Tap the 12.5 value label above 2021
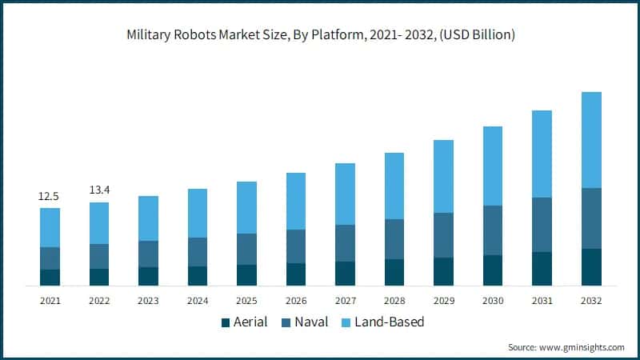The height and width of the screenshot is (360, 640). click(x=50, y=196)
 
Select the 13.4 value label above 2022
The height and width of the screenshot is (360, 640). click(x=99, y=190)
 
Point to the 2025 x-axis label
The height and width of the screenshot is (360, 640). click(x=246, y=301)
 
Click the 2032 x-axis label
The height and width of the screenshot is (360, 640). click(x=591, y=301)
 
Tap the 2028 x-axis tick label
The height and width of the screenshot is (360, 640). click(x=394, y=301)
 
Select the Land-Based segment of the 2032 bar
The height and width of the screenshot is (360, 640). click(x=591, y=140)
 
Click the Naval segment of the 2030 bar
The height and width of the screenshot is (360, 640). click(x=493, y=230)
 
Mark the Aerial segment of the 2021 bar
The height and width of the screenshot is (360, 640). click(x=50, y=278)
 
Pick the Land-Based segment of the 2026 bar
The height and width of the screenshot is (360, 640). click(x=296, y=201)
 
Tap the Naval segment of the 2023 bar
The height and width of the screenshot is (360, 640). click(x=148, y=254)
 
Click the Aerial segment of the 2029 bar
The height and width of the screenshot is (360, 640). click(x=443, y=271)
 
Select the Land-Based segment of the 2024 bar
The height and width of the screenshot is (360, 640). click(x=198, y=213)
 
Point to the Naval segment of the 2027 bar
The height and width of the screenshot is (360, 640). click(x=345, y=243)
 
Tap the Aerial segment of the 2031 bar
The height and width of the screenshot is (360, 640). click(x=542, y=269)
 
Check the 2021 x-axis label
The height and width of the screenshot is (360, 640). click(x=50, y=301)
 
